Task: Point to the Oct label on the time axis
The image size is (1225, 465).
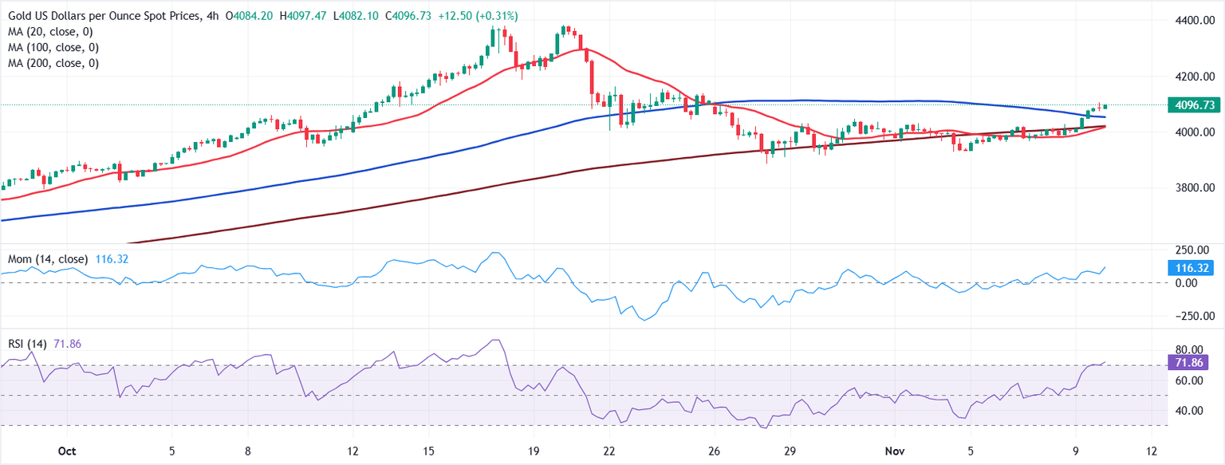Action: tap(66, 451)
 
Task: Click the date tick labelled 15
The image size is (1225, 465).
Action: tap(428, 451)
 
